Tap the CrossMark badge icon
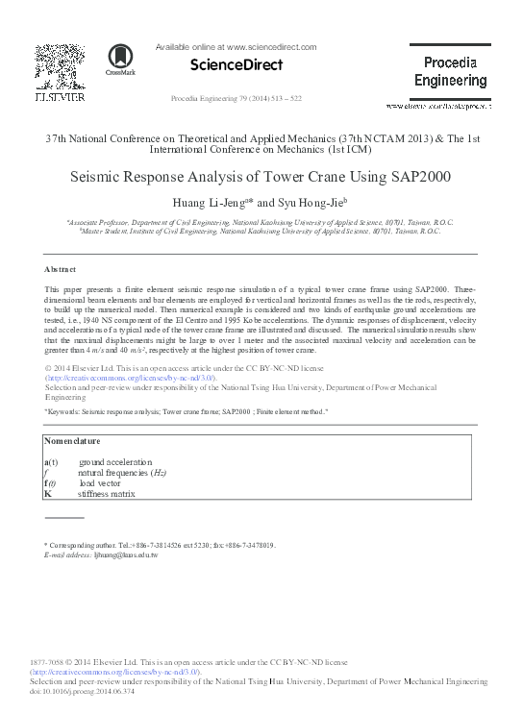click(x=121, y=62)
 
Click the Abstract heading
click(x=60, y=268)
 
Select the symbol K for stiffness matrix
click(x=48, y=493)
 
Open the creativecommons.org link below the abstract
click(x=124, y=380)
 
